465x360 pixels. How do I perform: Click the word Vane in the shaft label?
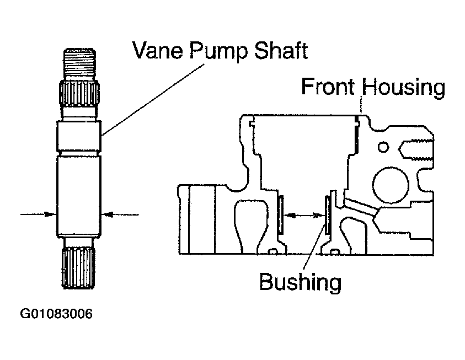point(157,50)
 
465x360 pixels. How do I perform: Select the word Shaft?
point(281,50)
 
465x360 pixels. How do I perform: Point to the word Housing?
point(404,88)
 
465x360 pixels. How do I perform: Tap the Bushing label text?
point(300,282)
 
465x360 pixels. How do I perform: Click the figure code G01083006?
point(56,314)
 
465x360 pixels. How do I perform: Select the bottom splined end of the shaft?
point(79,267)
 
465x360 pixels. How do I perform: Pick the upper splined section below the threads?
point(79,94)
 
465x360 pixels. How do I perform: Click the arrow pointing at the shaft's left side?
point(38,214)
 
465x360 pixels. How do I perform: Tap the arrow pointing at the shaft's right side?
point(120,214)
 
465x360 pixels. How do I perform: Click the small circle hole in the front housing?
point(383,147)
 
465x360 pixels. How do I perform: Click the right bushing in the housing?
point(328,214)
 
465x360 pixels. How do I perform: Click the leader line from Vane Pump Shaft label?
point(153,100)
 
